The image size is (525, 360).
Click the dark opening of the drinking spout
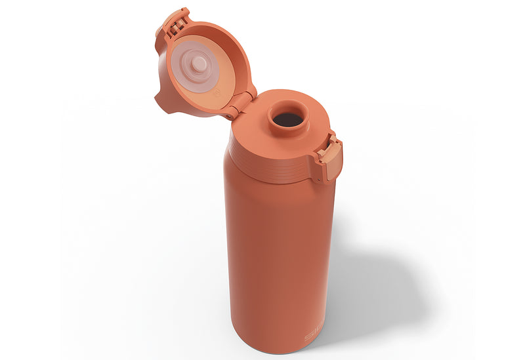coord(287,119)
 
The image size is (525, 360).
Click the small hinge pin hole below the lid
coord(229,117)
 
